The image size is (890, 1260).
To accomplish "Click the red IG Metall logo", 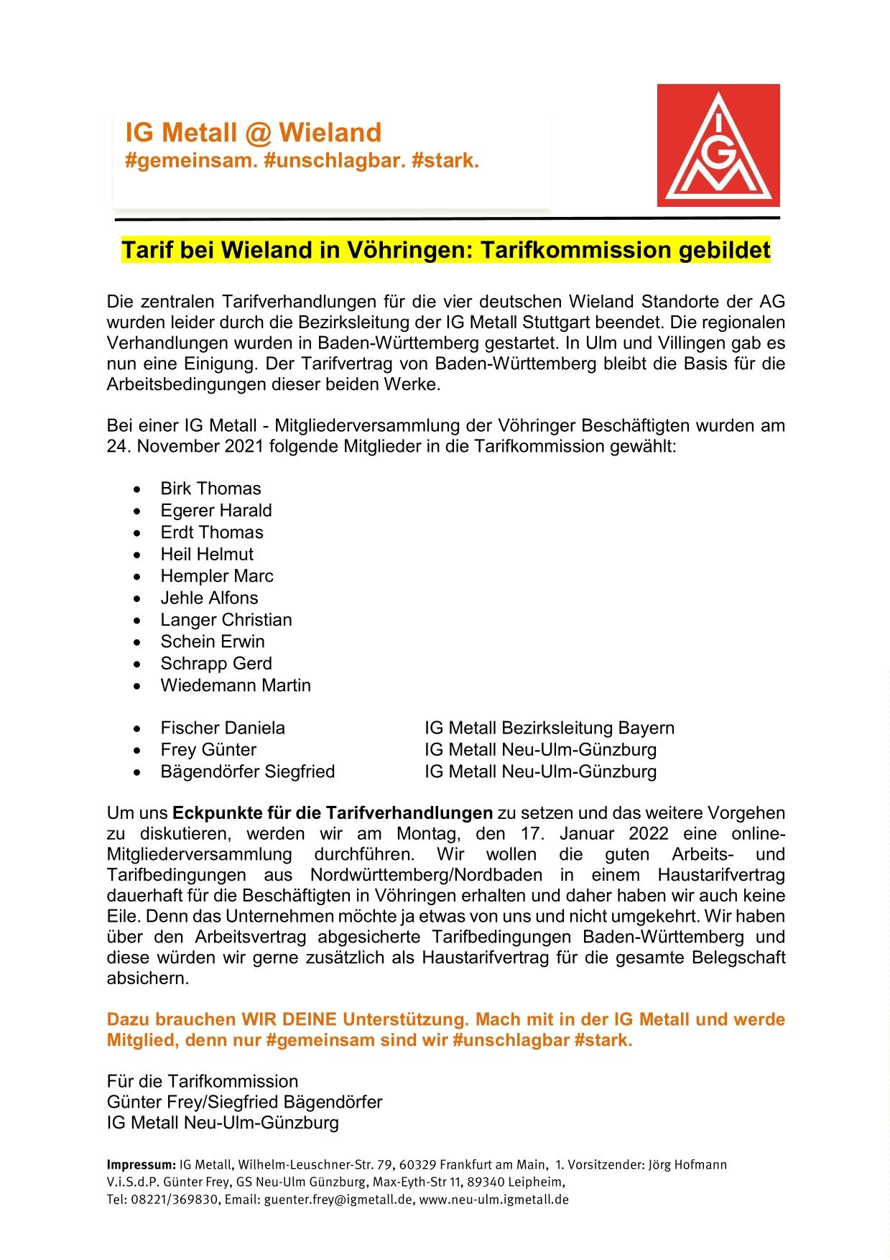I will pos(718,145).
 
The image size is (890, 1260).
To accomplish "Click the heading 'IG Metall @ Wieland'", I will pos(253,132).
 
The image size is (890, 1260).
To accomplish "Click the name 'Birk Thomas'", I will pos(210,488).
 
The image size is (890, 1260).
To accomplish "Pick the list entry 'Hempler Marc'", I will pos(217,576).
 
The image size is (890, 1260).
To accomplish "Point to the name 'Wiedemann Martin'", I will pos(236,685).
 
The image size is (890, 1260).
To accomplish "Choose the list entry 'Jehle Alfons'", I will pos(209,598).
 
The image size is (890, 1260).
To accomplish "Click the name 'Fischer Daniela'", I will pos(223,728).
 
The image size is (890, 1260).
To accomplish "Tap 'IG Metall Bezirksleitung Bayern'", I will pos(549,728).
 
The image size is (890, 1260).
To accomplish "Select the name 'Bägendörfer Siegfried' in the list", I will pos(248,772).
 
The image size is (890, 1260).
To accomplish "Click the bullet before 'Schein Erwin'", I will pos(137,642).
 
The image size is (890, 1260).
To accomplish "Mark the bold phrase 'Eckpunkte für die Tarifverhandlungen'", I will pos(333,813).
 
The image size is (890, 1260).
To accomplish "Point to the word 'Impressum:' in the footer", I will pos(141,1164).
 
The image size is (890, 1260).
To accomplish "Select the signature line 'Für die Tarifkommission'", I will pos(203,1081).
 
